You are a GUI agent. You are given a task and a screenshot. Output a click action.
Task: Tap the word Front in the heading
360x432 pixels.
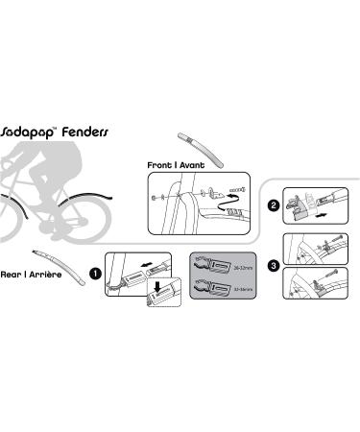[160, 165]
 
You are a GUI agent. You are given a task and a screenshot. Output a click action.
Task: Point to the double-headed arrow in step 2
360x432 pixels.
[322, 218]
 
